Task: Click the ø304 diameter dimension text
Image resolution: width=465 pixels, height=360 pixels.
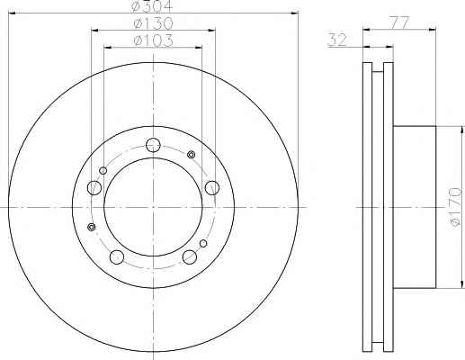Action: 152,6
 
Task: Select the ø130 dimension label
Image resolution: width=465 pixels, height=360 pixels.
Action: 154,23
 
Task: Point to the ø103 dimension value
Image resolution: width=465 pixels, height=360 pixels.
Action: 154,40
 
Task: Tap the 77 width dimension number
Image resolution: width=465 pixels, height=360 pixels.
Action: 399,22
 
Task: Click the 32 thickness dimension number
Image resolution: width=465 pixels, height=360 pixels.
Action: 337,40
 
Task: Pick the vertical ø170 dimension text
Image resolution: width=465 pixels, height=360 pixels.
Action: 455,207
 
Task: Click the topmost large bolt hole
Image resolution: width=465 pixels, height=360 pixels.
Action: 153,146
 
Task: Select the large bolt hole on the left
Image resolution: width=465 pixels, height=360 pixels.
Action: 94,188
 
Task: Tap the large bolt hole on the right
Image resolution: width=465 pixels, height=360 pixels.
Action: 212,187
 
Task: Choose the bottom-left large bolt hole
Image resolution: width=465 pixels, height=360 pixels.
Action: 117,257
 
